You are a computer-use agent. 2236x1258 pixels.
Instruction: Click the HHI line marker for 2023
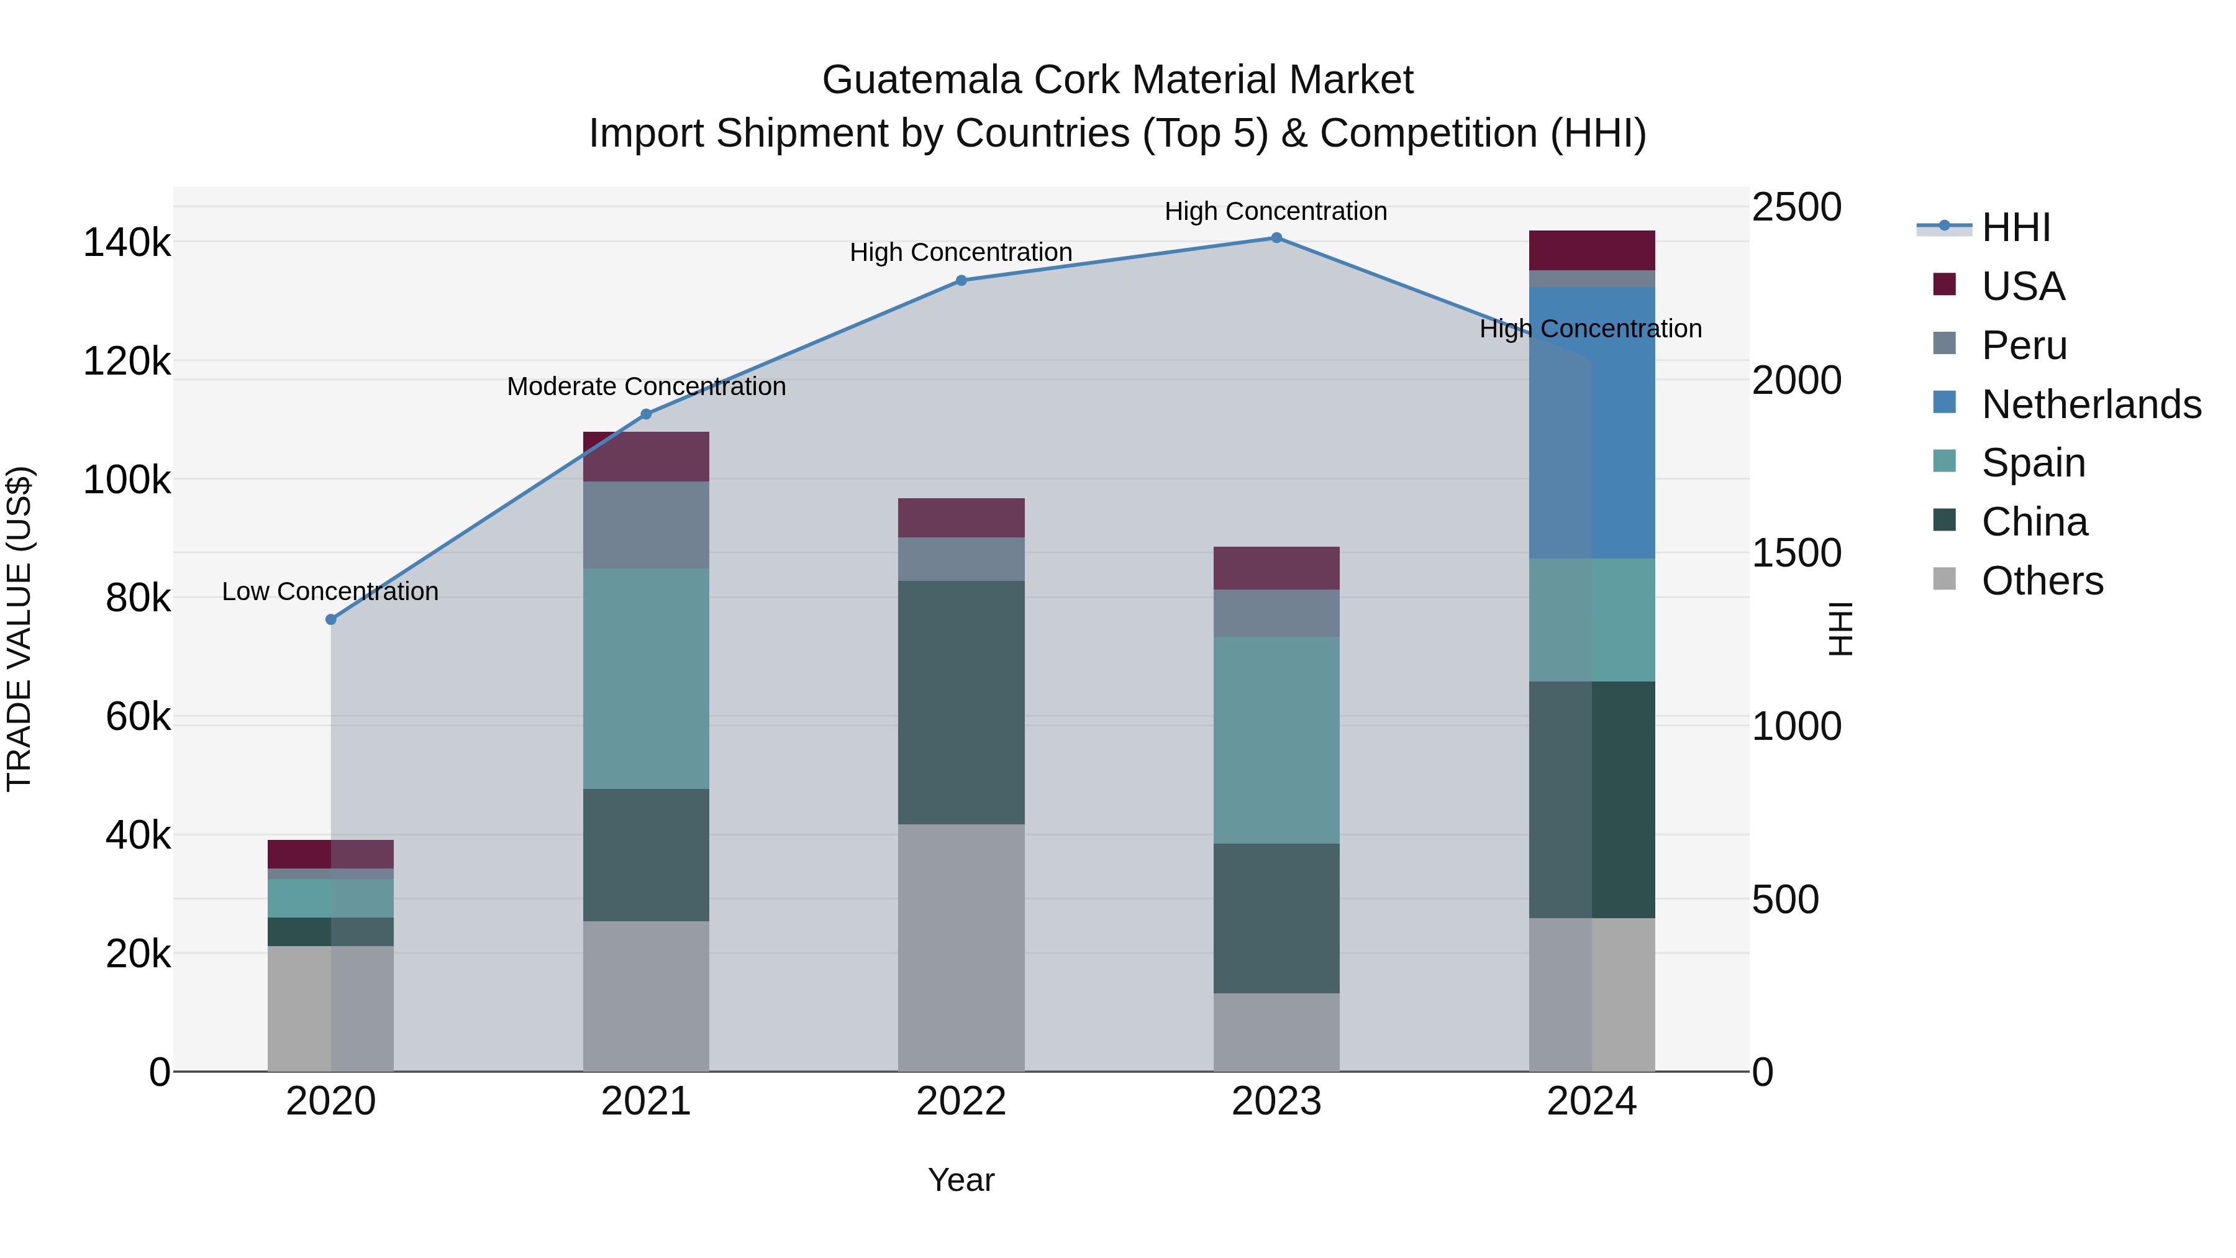[1276, 238]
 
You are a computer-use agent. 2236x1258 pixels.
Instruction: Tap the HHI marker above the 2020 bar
[330, 619]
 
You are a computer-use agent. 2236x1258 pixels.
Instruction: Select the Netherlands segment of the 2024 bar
[1592, 423]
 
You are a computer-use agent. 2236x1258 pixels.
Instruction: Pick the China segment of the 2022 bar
[961, 703]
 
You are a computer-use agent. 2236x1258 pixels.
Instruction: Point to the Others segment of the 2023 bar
[1276, 1032]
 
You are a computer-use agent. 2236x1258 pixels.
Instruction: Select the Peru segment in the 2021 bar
[646, 524]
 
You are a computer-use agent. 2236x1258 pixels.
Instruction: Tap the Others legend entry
[2042, 581]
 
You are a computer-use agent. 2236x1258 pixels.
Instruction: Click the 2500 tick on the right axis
[1796, 207]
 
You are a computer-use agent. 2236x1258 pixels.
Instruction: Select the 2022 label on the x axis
[961, 1101]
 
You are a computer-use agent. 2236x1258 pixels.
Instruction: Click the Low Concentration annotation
[330, 591]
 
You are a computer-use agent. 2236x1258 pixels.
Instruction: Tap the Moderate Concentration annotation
[646, 386]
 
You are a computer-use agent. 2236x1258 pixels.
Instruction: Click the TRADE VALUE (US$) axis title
[19, 629]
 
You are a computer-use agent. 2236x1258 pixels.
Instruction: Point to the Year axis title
[961, 1180]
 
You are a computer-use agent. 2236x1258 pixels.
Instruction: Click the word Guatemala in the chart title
[921, 80]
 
